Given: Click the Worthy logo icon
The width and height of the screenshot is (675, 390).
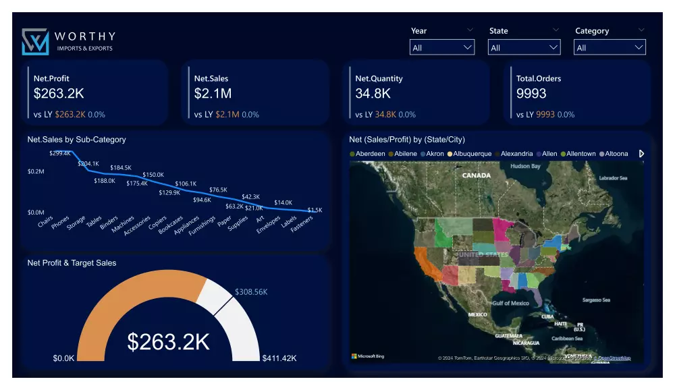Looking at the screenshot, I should [x=35, y=41].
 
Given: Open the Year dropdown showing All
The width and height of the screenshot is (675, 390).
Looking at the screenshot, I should [x=442, y=47].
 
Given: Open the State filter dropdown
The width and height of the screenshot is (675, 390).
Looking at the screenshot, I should [x=524, y=47].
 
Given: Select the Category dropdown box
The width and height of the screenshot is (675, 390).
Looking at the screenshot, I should [x=610, y=47].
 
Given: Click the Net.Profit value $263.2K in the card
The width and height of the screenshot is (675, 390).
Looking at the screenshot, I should [x=59, y=94].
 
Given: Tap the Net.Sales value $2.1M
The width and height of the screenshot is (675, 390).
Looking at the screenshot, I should [x=213, y=94].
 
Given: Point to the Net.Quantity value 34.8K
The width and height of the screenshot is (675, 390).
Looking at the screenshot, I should [x=373, y=94].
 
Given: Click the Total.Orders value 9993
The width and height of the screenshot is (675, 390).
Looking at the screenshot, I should [x=531, y=94].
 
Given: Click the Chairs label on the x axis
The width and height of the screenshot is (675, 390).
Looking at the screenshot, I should [x=46, y=221].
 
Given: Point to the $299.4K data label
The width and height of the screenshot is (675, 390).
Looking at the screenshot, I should [x=59, y=153].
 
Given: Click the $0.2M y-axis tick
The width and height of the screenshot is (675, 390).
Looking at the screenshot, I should [x=36, y=171].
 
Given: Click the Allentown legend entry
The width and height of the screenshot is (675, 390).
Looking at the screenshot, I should [x=580, y=154].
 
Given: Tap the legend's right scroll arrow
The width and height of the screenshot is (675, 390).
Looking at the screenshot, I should [x=641, y=154].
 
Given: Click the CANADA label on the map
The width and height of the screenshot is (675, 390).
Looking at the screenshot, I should [x=476, y=175].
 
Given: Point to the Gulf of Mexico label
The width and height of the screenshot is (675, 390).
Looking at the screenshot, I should [x=510, y=304].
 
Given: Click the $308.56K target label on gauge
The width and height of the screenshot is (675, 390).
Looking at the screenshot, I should [x=251, y=292].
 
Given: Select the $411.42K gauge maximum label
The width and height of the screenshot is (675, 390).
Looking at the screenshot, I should [x=279, y=358].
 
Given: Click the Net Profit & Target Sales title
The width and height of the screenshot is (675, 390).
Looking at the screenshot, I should [x=72, y=263].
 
